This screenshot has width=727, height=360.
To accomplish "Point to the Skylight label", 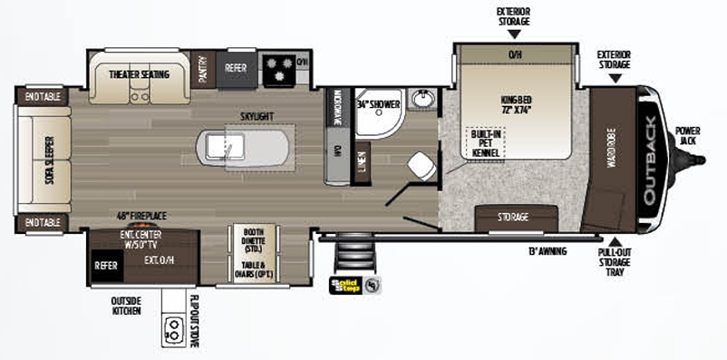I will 258,117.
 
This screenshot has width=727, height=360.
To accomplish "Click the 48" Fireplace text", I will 141,216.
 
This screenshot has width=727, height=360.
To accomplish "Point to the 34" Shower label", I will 377,104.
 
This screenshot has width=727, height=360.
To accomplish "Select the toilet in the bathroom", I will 420,164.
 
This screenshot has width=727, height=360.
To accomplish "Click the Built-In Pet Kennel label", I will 485,143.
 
